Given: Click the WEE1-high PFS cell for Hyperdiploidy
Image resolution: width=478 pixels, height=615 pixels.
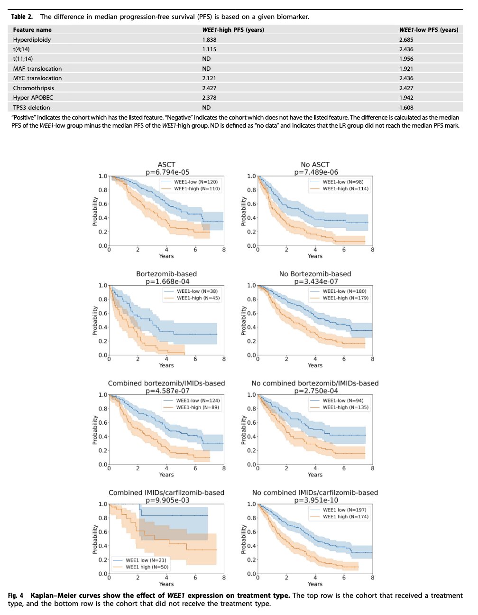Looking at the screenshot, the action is point(209,39).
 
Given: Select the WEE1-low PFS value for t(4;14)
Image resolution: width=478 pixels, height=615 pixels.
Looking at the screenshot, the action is point(406,49).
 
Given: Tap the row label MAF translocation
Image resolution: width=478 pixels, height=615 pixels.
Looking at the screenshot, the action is point(37,68).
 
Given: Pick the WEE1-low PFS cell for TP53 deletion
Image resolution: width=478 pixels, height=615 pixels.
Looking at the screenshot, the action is point(406,108).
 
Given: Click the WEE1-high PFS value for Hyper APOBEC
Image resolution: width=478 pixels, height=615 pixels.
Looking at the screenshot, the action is point(209,98).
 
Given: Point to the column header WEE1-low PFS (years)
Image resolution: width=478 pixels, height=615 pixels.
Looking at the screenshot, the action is point(429,30).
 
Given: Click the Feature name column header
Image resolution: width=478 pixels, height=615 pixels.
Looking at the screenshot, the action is point(32,30).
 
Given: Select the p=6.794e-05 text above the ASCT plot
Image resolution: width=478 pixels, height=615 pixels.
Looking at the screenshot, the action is point(167,172).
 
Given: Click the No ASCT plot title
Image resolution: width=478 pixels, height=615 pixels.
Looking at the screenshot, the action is point(315,165).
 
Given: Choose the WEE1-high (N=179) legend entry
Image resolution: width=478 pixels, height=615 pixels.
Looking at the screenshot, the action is point(340,298).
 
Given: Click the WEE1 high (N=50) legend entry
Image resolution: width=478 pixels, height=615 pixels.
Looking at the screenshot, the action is point(140,567).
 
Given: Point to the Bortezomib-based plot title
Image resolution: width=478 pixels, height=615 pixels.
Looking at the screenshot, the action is point(166,274).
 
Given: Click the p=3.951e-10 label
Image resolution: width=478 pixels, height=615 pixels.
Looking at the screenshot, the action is point(316,500).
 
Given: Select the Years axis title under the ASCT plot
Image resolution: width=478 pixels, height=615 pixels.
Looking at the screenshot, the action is point(166,256).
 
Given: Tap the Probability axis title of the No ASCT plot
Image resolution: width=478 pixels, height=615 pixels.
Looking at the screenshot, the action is point(243,211).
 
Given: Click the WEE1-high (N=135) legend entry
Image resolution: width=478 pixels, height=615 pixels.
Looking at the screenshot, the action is point(340,407).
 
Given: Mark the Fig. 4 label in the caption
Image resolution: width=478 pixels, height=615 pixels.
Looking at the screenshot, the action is point(16,596).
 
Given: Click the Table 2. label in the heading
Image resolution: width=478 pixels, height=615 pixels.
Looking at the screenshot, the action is point(22,17).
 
